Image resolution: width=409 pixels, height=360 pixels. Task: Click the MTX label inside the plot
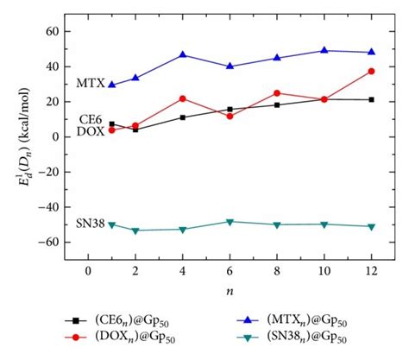point(90,84)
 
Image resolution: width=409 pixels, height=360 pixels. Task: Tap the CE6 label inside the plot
point(91,119)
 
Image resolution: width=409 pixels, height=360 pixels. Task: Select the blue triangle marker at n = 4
point(182,54)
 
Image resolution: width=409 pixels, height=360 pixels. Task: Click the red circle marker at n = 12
point(371,71)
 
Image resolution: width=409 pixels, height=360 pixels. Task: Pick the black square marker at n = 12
point(371,99)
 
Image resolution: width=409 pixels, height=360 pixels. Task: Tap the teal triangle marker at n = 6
point(230,222)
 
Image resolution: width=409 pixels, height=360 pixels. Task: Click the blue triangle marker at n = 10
point(324,50)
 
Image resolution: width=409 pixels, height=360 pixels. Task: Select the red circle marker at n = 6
point(230,116)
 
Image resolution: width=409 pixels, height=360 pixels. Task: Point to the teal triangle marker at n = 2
point(135,231)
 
